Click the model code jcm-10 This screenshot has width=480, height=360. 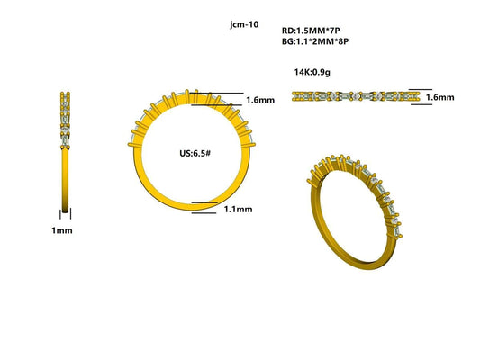(244, 25)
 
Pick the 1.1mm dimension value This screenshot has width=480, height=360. (237, 209)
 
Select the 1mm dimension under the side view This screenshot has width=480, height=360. (62, 230)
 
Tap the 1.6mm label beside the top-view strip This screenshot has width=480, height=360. (439, 97)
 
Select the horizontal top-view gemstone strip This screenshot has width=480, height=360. (357, 94)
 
